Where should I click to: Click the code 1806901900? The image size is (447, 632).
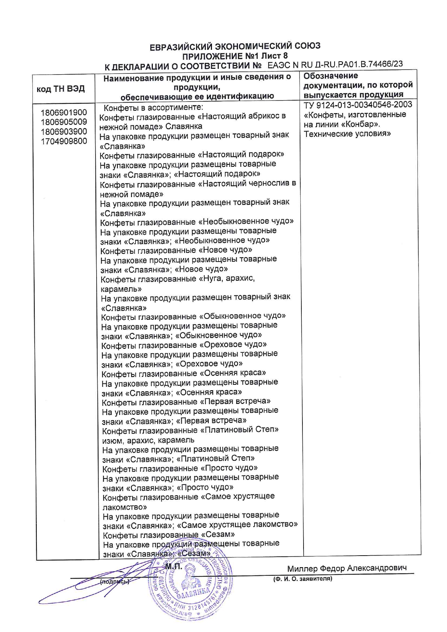(64, 113)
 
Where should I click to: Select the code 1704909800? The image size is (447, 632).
(64, 141)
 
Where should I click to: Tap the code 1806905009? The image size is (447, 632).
(64, 122)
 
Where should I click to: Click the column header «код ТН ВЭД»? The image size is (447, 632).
(61, 89)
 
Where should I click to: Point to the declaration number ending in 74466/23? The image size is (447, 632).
(335, 64)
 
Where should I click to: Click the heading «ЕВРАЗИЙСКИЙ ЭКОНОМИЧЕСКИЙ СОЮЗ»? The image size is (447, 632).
(235, 46)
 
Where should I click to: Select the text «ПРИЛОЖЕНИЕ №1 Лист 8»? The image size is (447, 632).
(235, 56)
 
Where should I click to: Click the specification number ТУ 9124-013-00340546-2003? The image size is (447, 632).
(358, 105)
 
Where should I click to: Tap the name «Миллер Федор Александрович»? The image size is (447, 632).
(347, 568)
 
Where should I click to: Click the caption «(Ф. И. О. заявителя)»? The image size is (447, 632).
(302, 579)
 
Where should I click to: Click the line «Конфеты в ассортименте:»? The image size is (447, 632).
(153, 107)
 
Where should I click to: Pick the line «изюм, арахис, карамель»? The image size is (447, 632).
(148, 440)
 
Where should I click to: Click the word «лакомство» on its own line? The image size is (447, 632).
(125, 507)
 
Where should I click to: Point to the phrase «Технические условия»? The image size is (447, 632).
(347, 134)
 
